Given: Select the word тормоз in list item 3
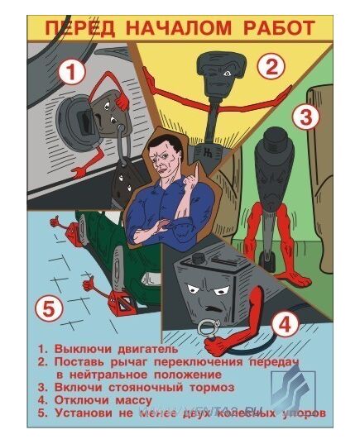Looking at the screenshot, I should tap(210, 386).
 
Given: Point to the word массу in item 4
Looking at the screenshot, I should tap(135, 399).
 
